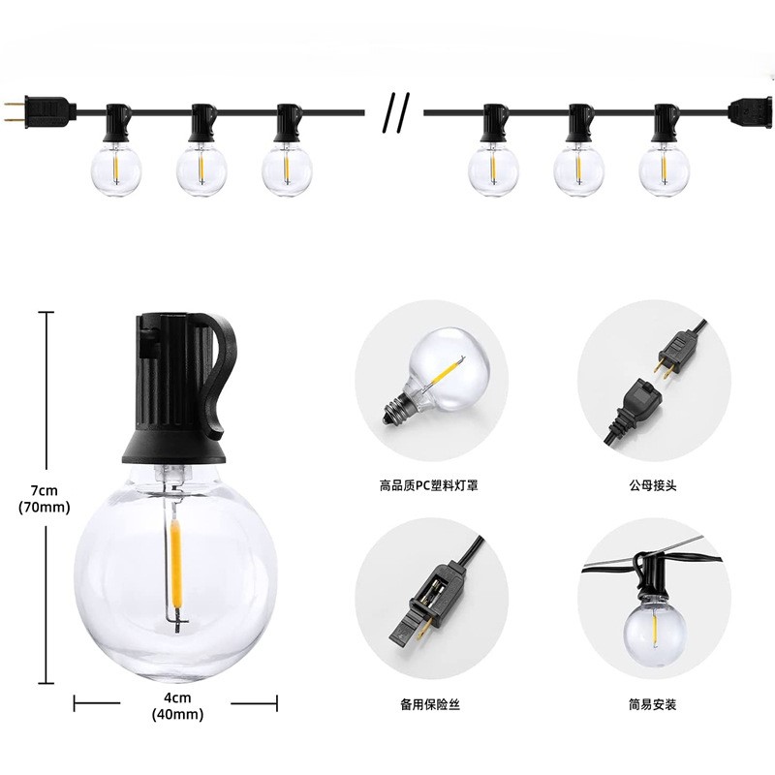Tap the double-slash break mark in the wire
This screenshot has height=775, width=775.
396,113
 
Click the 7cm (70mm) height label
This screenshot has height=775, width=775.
44,499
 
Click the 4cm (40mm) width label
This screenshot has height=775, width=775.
177,706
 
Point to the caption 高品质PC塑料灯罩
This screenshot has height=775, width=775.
429,486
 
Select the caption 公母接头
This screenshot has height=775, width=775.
652,486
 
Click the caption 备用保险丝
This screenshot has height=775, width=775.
430,704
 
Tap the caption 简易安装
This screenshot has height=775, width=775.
652,704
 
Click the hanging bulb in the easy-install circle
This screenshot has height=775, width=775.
653,627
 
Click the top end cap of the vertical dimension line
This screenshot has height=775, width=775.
46,312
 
